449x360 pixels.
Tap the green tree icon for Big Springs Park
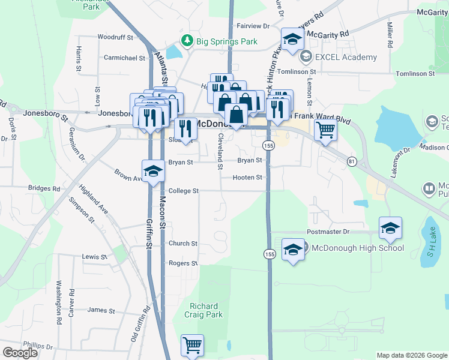tap(187, 41)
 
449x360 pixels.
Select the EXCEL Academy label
tap(347, 58)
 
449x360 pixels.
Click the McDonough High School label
tap(355, 248)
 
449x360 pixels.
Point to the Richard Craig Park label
tap(206, 310)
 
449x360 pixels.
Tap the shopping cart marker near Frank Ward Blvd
tap(325, 128)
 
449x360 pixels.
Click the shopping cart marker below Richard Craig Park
tap(192, 344)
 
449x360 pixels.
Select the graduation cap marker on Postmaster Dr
tap(390, 227)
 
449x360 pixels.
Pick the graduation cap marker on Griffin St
tap(153, 170)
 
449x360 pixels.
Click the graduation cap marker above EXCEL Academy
tap(292, 40)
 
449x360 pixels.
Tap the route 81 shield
tap(352, 161)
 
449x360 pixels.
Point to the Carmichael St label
tap(125, 58)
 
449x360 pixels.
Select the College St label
tap(183, 191)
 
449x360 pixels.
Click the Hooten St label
tap(249, 178)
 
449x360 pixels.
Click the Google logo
tap(20, 353)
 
